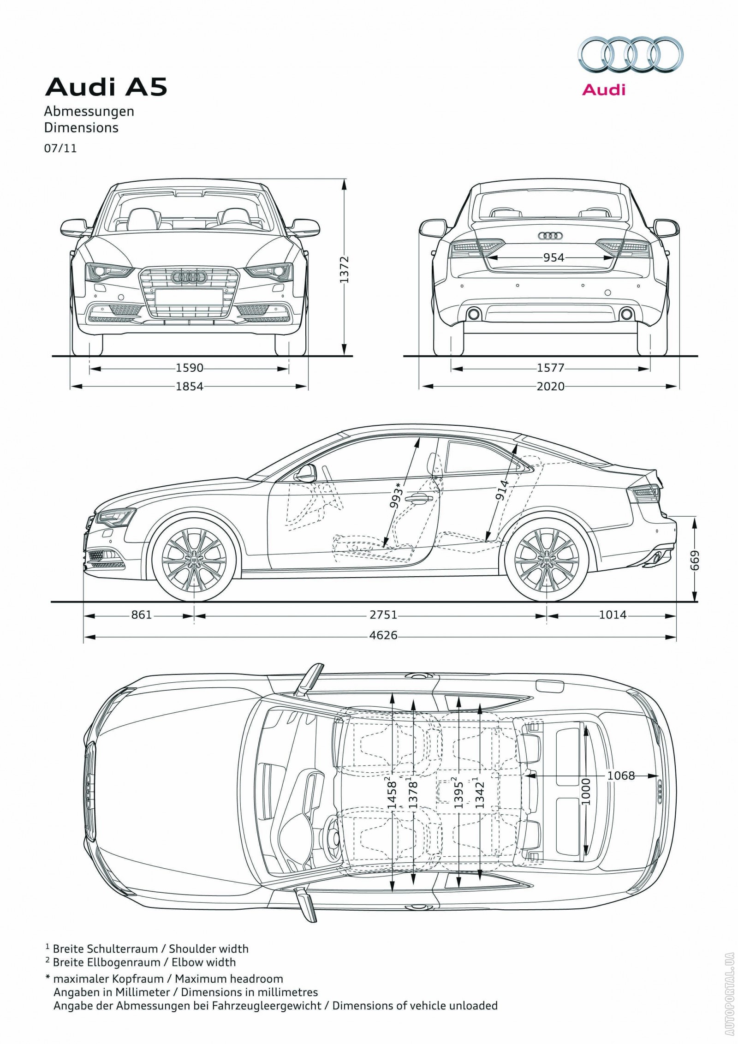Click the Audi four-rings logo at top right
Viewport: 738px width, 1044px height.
631,56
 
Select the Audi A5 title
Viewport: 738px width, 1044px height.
106,88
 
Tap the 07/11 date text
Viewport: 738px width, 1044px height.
60,149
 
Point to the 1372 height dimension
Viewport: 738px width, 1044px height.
345,269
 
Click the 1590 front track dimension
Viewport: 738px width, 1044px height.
189,368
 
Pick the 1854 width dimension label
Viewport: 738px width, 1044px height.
189,386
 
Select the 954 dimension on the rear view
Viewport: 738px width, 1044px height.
553,257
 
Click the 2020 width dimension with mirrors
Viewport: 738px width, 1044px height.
550,386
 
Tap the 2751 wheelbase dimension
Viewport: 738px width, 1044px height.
384,615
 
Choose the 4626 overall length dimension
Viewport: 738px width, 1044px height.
383,635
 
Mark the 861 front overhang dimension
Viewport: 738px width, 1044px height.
141,615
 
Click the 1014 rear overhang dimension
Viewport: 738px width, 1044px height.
613,615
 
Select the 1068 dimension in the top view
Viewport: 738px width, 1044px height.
620,776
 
